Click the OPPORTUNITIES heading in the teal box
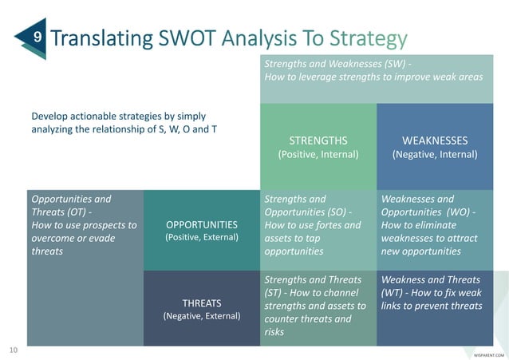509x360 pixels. point(202,224)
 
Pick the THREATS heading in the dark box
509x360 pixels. point(201,303)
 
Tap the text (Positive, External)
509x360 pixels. point(202,238)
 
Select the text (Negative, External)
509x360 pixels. point(201,316)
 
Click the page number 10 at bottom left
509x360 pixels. point(13,350)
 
